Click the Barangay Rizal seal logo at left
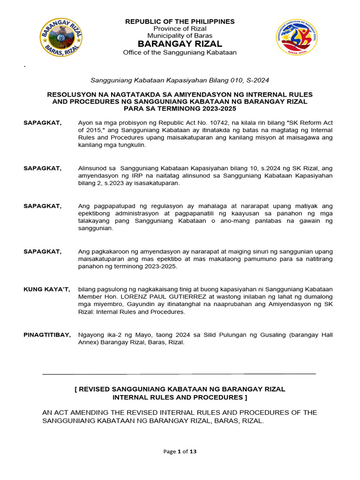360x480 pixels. pos(60,37)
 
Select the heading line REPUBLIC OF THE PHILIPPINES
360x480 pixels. pos(180,22)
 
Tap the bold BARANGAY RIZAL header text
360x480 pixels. pos(180,44)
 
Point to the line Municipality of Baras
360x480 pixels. pos(180,36)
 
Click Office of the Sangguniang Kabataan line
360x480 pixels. pos(180,52)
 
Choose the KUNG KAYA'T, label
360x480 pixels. pos(47,289)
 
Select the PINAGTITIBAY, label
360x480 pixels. pos(47,335)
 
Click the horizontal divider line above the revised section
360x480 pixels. pos(179,374)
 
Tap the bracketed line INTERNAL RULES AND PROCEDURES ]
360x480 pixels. pos(180,397)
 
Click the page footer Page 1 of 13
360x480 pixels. pos(180,451)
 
